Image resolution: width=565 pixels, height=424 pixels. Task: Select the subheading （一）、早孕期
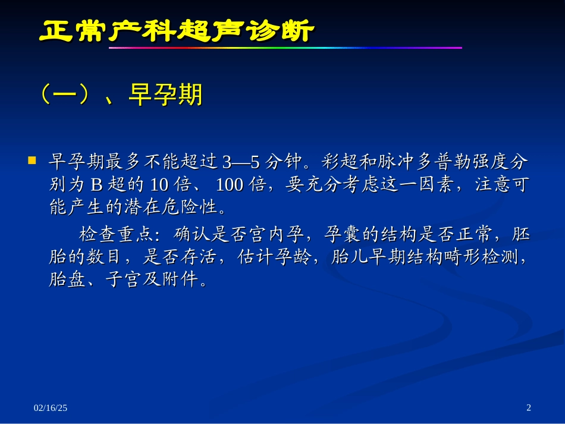(x=119, y=95)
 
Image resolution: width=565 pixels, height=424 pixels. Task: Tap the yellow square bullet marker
(x=33, y=161)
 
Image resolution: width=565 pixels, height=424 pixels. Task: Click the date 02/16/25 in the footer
(x=51, y=407)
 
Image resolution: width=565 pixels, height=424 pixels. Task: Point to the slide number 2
(x=529, y=407)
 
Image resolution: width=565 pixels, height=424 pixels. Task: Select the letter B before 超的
(x=97, y=184)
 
